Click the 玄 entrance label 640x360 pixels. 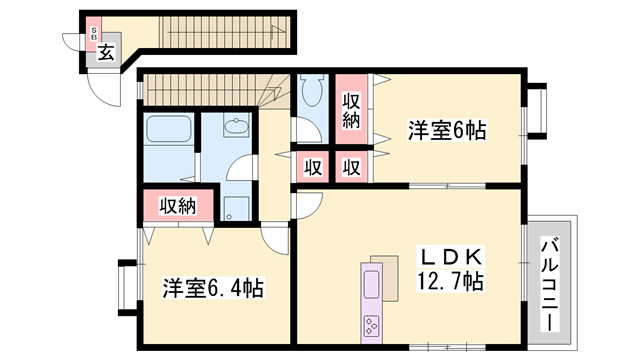(x=105, y=52)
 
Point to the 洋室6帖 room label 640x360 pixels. (x=445, y=131)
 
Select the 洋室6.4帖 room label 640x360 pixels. (x=213, y=289)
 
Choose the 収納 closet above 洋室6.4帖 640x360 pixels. (x=178, y=206)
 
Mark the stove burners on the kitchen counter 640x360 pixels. (x=372, y=325)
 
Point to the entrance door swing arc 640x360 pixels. (x=101, y=84)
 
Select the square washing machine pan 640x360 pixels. (x=235, y=207)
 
